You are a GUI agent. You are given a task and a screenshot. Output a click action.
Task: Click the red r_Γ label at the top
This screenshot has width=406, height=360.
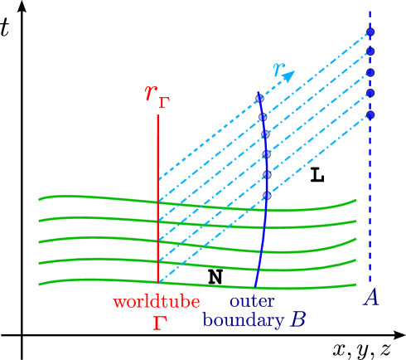(x=156, y=95)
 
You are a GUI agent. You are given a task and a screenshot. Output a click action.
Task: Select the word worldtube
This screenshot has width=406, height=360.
(x=157, y=302)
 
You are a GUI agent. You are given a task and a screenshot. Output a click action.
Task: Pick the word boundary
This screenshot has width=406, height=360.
(x=243, y=320)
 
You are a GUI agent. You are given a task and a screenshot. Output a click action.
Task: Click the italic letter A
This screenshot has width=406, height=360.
(x=371, y=297)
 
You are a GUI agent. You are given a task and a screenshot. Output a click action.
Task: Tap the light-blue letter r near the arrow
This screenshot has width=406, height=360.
(x=278, y=71)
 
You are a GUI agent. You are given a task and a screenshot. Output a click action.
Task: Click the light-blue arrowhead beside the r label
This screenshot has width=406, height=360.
(x=289, y=75)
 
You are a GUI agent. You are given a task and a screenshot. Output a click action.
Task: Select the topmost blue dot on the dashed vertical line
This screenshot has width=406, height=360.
(x=370, y=32)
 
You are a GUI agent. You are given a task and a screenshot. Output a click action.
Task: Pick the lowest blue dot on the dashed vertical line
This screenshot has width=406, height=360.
(x=370, y=114)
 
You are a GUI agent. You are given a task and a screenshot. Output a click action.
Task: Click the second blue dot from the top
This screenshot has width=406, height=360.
(x=370, y=51)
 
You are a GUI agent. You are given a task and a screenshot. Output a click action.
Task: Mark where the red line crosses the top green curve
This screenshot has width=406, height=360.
(x=157, y=202)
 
